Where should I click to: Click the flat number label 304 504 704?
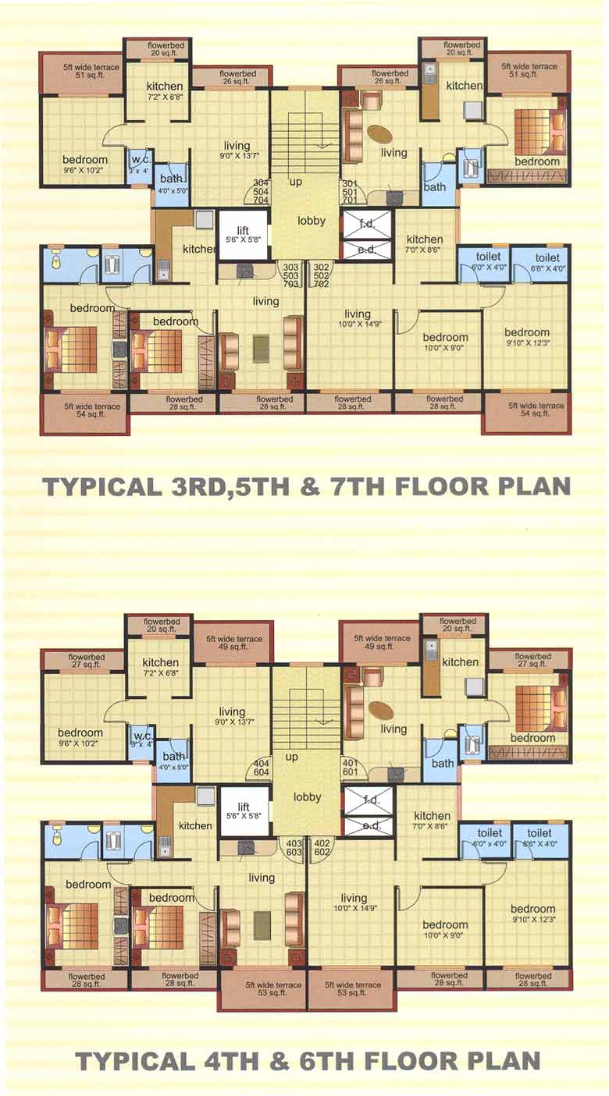(x=260, y=190)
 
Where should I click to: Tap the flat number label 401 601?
(x=349, y=768)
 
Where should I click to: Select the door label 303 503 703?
(x=292, y=275)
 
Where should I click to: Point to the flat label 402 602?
(x=321, y=848)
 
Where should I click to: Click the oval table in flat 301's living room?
(x=380, y=133)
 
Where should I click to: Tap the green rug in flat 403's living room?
(x=261, y=924)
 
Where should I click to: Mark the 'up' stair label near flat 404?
(x=292, y=757)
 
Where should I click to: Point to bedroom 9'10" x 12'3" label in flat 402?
(x=532, y=913)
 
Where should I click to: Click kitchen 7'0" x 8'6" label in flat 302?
(x=425, y=244)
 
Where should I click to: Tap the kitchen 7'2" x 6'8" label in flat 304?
(x=164, y=90)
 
